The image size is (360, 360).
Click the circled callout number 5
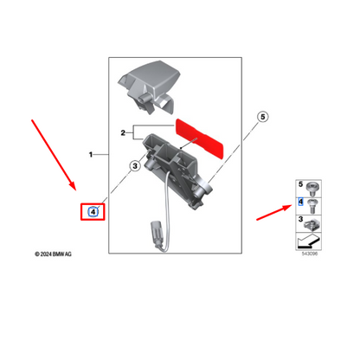coord(262,117)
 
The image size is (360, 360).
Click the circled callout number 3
coord(135,166)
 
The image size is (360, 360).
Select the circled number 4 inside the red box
coord(93,212)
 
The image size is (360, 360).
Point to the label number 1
coord(91,155)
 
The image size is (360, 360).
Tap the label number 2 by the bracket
coord(123,133)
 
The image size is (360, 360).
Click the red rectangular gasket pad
coord(200,139)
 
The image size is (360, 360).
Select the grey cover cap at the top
coord(149,87)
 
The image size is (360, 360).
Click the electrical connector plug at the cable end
coord(155,234)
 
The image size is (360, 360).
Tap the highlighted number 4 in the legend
coord(300,202)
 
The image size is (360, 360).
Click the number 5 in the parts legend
coord(300,184)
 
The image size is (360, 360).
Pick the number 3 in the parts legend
coord(300,219)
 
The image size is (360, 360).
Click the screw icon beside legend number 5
coord(312,189)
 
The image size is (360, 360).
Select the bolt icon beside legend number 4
coord(312,206)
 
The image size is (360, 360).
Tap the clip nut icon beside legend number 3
coord(312,225)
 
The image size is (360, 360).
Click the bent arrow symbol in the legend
coord(308,241)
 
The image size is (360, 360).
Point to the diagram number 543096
coord(310,254)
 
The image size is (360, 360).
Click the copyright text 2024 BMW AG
coord(53,254)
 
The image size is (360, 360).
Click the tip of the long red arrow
coord(75,190)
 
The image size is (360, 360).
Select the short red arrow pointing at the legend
coord(274,212)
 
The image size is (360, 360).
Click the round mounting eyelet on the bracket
coord(207,187)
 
